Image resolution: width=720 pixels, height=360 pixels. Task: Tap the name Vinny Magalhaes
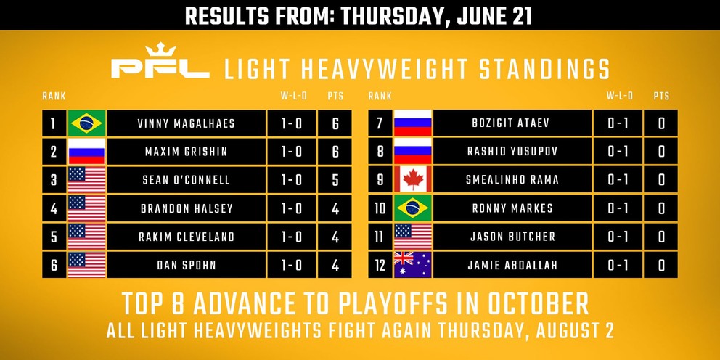[186, 123]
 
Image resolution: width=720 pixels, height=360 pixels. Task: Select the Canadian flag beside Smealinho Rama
[413, 179]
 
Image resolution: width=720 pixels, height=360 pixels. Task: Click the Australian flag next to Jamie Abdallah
[413, 264]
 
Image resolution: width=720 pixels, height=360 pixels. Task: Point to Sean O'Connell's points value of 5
[335, 180]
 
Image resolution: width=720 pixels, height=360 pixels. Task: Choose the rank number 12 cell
[380, 265]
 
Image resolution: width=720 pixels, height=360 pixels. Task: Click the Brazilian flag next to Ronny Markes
[413, 208]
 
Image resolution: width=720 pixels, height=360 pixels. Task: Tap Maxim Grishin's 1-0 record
[292, 152]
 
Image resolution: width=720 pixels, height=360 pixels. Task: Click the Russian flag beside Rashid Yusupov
[413, 151]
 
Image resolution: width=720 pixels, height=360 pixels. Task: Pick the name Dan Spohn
[186, 265]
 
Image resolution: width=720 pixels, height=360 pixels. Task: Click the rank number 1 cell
[54, 123]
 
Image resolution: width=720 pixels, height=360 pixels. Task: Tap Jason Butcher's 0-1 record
[618, 237]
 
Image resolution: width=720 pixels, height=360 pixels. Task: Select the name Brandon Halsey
[187, 208]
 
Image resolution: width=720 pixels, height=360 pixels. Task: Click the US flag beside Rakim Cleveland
[87, 237]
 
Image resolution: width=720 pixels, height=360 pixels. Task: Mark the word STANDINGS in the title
[544, 69]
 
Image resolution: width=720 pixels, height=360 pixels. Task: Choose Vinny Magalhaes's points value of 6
[335, 123]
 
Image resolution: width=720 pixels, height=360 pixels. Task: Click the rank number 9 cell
[380, 179]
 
